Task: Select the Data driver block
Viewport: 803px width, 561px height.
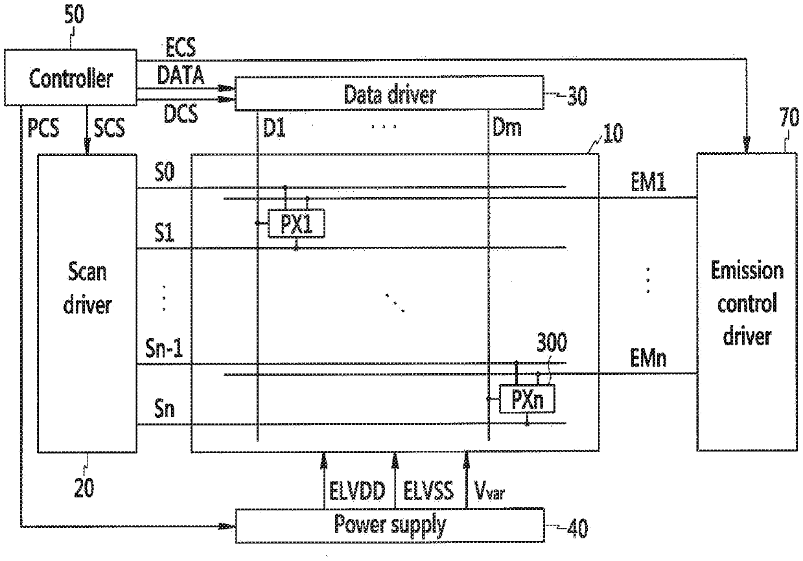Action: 389,95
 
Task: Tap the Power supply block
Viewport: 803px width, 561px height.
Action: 389,525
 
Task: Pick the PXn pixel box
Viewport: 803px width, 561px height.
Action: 527,400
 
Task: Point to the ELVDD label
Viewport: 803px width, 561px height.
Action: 354,490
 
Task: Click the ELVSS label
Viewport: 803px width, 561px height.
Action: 426,490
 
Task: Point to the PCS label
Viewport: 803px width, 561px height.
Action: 43,128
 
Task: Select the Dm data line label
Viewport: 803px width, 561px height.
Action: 506,128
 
